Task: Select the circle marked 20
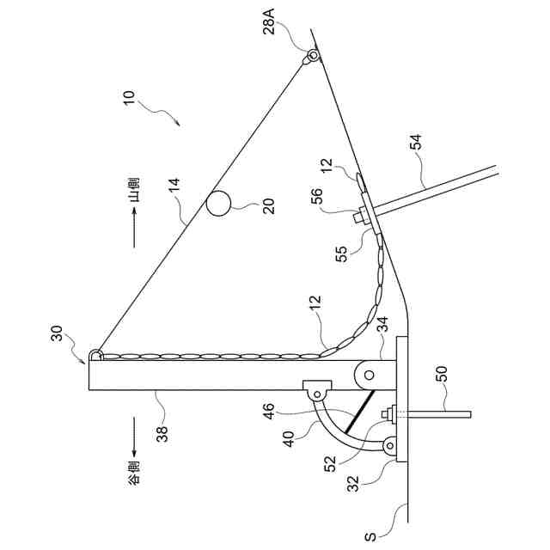[x=218, y=203]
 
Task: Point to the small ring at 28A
[x=312, y=57]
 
